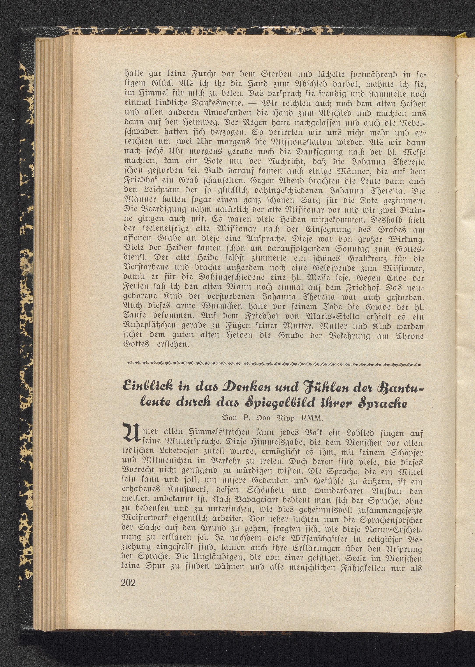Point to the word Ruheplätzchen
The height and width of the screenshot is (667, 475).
tap(152, 327)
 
